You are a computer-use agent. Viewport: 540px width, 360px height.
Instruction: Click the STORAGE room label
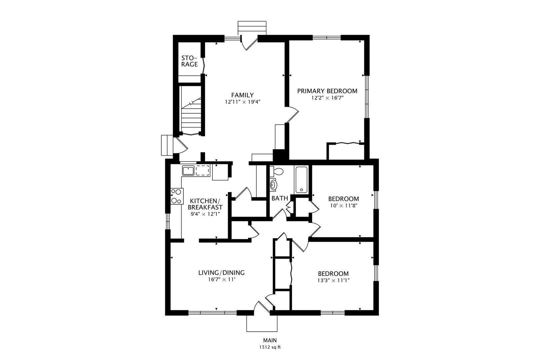[189, 61]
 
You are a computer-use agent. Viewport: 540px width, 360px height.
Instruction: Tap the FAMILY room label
[242, 95]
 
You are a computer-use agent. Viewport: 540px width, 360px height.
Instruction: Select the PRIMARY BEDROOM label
[327, 91]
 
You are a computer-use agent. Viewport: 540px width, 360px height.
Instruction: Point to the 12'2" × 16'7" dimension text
[327, 98]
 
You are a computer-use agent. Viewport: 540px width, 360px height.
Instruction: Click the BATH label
[279, 198]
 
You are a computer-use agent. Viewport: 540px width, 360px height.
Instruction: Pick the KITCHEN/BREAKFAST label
[206, 204]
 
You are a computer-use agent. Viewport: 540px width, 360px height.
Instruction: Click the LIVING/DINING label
[221, 273]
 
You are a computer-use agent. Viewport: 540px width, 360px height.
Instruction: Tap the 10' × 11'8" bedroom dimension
[343, 206]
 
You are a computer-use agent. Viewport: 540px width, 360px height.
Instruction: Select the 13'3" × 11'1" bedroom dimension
[333, 281]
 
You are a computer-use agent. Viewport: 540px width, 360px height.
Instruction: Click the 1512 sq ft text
[270, 347]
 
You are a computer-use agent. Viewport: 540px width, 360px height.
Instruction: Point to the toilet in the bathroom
[276, 172]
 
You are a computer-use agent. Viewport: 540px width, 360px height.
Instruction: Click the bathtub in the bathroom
[301, 180]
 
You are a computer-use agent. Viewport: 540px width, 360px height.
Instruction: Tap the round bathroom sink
[273, 185]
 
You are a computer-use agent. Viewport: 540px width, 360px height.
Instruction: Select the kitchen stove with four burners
[176, 196]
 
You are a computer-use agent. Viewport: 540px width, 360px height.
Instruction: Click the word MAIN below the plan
[270, 340]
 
